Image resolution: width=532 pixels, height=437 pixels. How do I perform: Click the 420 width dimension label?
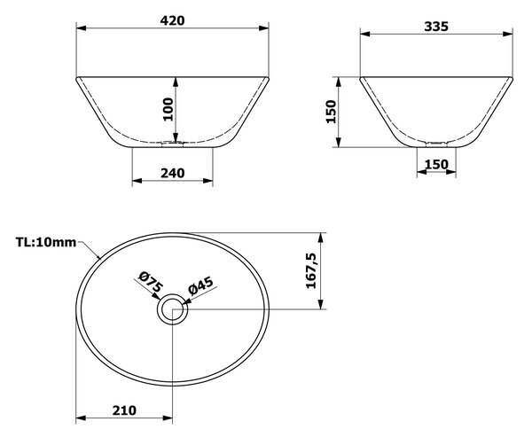tap(172, 20)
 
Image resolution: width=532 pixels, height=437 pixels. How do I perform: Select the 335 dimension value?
tap(436, 27)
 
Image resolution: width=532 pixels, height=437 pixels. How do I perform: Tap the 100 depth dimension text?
tap(168, 109)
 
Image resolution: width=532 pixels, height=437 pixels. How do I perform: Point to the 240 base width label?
tap(172, 173)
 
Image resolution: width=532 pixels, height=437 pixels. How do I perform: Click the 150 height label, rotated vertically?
tap(331, 112)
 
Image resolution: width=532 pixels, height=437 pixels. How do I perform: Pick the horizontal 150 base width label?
tap(436, 165)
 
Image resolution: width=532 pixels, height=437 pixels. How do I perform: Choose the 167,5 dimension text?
tap(311, 270)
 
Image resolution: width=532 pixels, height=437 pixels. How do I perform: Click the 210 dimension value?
tap(124, 410)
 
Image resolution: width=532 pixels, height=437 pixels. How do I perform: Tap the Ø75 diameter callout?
tap(151, 282)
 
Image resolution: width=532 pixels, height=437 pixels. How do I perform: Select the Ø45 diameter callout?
tap(201, 285)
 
